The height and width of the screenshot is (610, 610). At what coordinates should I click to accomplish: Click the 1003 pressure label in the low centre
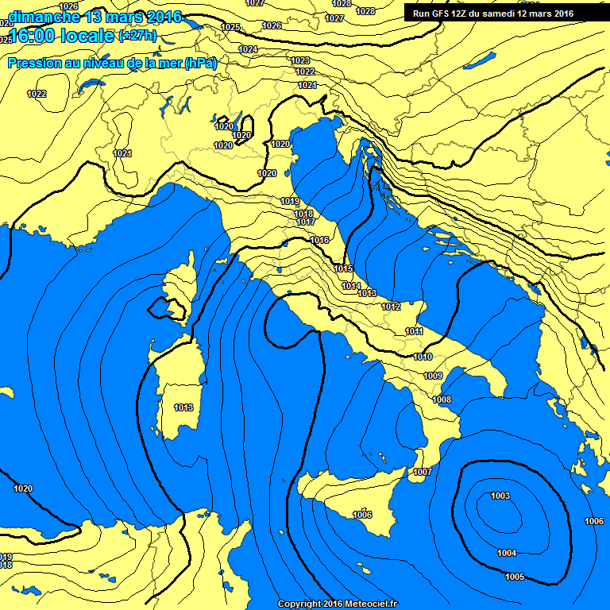(x=500, y=496)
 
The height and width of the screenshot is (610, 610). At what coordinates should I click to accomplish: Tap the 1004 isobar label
(x=507, y=554)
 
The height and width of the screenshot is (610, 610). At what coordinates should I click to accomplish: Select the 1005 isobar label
(x=514, y=577)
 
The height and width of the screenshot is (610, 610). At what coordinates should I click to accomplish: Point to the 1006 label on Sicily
(x=362, y=515)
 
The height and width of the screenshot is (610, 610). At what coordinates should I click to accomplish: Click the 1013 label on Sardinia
(x=183, y=408)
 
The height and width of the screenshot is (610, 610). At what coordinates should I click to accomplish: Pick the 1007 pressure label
(x=423, y=473)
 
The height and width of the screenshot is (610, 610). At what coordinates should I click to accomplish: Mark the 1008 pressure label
(x=442, y=400)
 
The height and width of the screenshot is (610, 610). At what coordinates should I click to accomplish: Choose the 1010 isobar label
(x=423, y=357)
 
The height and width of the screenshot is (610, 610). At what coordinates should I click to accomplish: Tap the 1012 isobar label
(x=391, y=307)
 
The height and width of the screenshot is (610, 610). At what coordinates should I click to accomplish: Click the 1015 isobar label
(x=343, y=269)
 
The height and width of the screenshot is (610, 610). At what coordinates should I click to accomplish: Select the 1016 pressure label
(x=319, y=241)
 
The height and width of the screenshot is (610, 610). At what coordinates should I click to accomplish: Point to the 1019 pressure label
(x=291, y=202)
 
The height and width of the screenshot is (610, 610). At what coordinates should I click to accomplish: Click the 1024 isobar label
(x=248, y=49)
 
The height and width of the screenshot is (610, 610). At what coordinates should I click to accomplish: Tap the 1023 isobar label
(x=300, y=61)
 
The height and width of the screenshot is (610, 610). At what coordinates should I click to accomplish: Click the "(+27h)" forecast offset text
(x=137, y=36)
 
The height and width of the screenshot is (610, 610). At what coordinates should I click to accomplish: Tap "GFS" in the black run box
(x=441, y=14)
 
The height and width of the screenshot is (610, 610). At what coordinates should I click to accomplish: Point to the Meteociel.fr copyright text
(x=337, y=604)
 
